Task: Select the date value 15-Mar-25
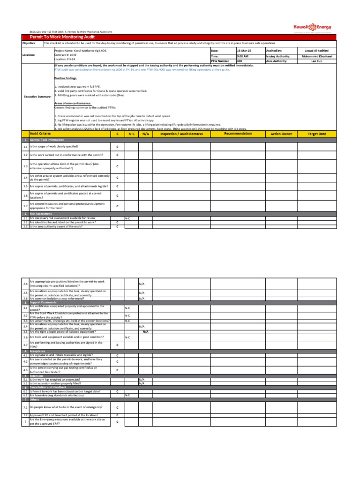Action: coord(244,50)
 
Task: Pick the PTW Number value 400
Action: coord(240,61)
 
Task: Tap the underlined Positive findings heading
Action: coord(66,78)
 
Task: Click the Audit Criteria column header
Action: coord(40,134)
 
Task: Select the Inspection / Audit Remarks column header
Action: coord(181,134)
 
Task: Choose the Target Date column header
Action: coord(316,134)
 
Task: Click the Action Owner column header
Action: coord(281,134)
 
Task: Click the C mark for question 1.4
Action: coord(117,178)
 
